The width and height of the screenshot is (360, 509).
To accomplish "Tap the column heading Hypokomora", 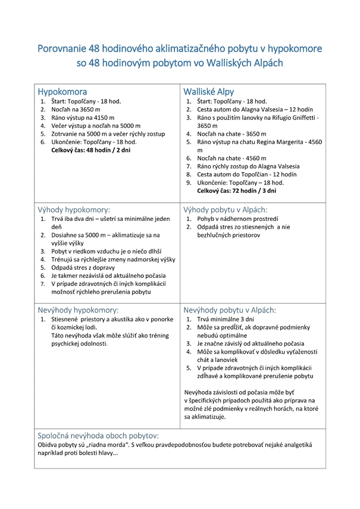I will [x=62, y=92].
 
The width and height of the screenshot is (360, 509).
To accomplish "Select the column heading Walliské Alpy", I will [x=209, y=92].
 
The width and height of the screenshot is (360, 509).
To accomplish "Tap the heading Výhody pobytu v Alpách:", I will [x=226, y=210].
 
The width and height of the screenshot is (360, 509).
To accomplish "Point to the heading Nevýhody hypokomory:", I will [x=78, y=310].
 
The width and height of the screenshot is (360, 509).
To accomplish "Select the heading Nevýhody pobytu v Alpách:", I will [x=230, y=310].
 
